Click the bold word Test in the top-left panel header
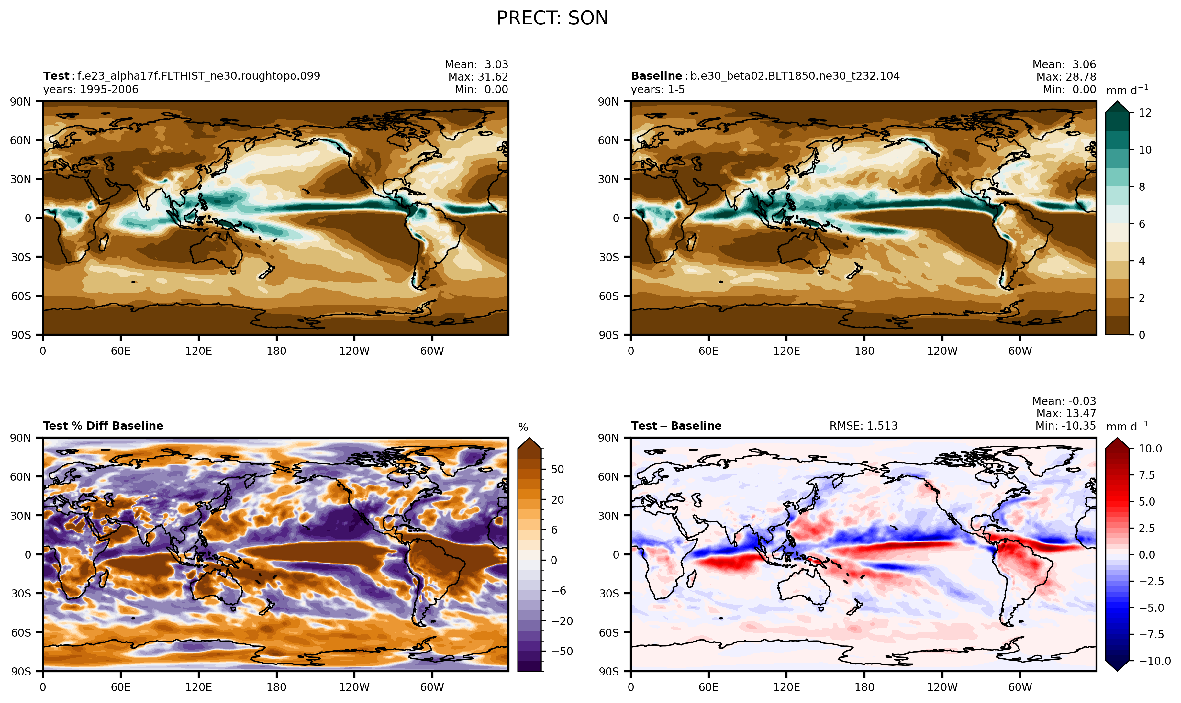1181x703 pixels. click(56, 76)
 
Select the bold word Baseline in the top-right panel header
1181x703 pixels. click(656, 76)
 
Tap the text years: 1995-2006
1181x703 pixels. click(91, 90)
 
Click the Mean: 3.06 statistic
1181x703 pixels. click(1064, 64)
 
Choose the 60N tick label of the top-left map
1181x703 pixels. click(20, 140)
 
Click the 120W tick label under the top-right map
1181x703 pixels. click(942, 351)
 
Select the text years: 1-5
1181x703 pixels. click(658, 90)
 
